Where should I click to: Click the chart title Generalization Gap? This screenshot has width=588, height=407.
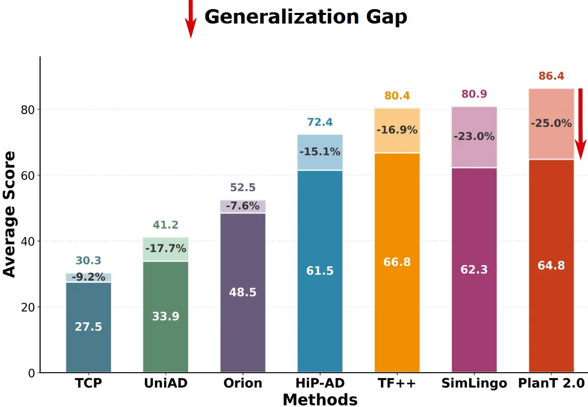click(306, 17)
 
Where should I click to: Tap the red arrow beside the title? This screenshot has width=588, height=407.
click(190, 19)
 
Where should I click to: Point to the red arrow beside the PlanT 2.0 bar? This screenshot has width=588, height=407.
click(580, 120)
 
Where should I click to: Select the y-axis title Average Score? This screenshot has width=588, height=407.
click(10, 214)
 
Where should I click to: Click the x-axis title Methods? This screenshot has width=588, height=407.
click(319, 400)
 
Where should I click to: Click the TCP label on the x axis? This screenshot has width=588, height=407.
click(88, 383)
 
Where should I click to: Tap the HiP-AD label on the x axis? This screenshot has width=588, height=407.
click(319, 383)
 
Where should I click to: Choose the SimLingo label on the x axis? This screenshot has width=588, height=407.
click(474, 383)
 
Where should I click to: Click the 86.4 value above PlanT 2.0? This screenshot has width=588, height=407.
click(551, 76)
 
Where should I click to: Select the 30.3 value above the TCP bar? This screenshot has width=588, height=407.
click(88, 261)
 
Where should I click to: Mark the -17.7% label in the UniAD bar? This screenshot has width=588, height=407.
click(166, 248)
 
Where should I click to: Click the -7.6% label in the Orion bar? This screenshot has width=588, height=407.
click(243, 206)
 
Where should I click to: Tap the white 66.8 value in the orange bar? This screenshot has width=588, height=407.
click(397, 262)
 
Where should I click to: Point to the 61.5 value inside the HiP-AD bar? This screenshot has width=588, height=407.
click(319, 271)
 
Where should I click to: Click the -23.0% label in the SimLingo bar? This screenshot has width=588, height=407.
click(474, 137)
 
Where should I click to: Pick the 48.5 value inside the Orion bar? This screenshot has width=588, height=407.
click(243, 292)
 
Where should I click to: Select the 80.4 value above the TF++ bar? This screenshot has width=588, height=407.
click(397, 96)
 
